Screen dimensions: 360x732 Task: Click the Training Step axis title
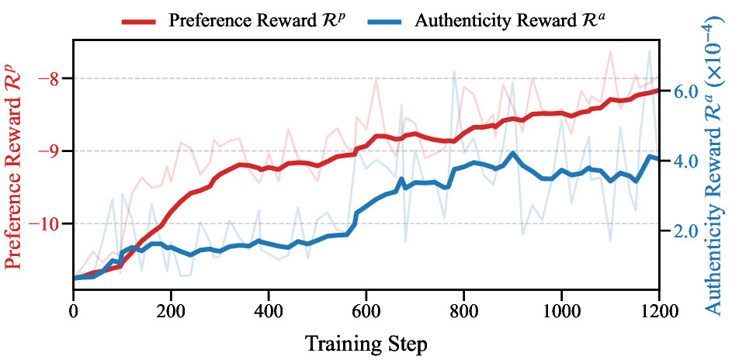(x=366, y=342)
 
